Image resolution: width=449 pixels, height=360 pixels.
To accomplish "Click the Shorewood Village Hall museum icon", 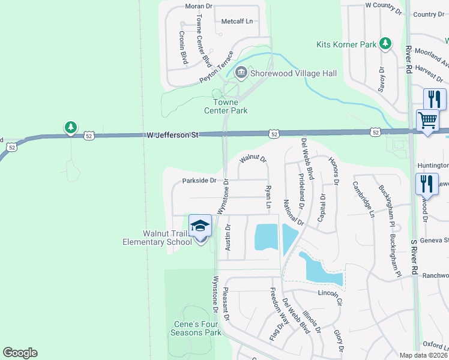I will pos(241,73).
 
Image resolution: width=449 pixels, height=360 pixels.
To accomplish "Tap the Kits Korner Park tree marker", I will pos(385,44).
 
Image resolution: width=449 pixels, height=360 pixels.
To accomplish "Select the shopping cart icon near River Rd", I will pos(427,120).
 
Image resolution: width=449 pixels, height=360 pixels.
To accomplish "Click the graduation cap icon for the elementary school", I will pos(200,226).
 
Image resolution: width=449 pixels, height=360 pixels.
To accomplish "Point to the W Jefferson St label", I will pos(172,136).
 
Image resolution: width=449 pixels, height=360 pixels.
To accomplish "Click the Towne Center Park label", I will pos(226,106).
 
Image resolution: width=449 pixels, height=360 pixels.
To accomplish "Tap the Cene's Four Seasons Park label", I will pos(196,328).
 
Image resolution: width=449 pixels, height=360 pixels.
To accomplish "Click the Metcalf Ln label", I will pos(237,21).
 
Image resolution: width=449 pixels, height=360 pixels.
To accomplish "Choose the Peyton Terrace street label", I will pos(216,67).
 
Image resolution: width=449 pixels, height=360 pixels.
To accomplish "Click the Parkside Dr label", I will pos(199,180).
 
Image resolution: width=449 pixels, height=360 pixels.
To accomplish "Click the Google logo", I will pos(20,353).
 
